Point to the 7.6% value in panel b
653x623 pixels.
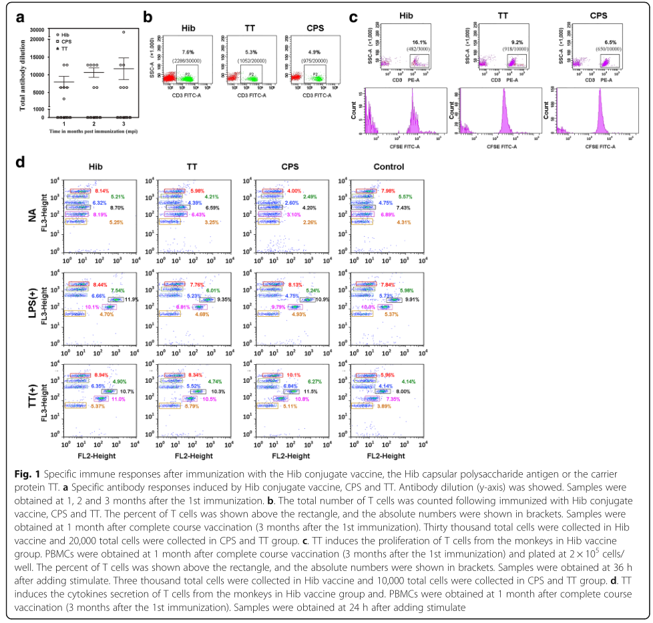[x=187, y=51]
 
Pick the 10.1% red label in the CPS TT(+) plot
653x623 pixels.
[x=294, y=375]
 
